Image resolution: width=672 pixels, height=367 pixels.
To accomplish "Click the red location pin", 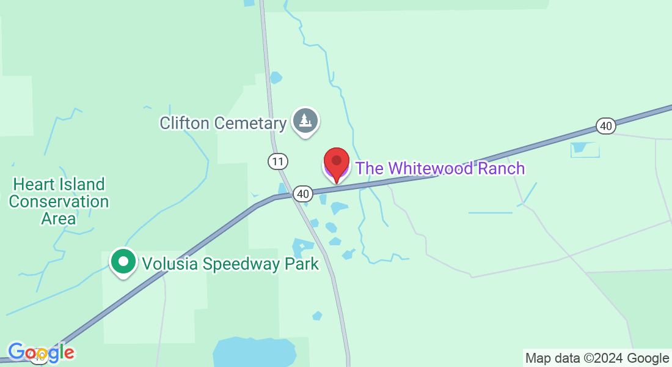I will (x=336, y=162).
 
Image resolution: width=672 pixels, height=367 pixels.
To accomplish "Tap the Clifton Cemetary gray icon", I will (x=304, y=120).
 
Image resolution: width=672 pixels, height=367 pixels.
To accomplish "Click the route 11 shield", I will (x=278, y=161).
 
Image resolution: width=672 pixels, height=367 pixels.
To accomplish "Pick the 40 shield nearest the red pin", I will (x=303, y=194).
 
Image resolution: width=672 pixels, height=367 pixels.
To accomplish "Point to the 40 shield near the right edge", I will (x=605, y=126).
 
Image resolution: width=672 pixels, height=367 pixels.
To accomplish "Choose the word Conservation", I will (x=59, y=201).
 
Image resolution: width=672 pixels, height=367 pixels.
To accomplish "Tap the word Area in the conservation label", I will (x=59, y=218).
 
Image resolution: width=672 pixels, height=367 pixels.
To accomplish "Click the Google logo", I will (x=41, y=353).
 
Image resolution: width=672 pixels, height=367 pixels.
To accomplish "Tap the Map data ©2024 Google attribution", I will (x=597, y=358).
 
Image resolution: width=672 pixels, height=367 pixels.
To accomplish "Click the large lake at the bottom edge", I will (x=254, y=352).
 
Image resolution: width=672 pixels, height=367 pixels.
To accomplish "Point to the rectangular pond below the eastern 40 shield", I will (x=585, y=149).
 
